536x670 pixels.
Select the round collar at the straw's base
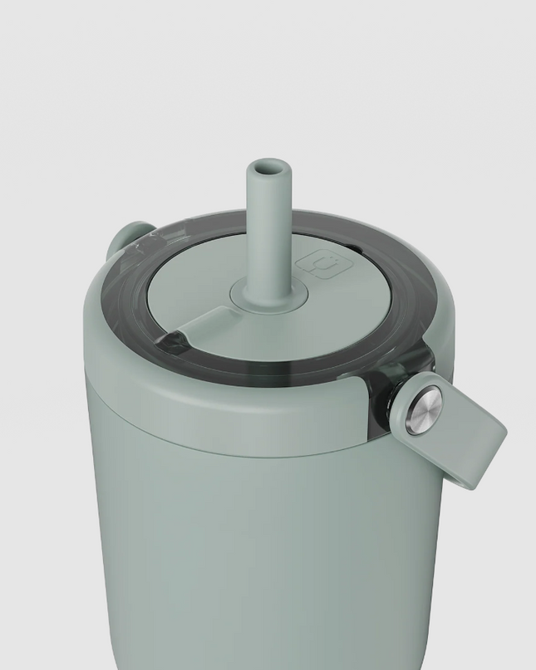pos(264,291)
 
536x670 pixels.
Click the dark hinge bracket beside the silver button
pos(384,399)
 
